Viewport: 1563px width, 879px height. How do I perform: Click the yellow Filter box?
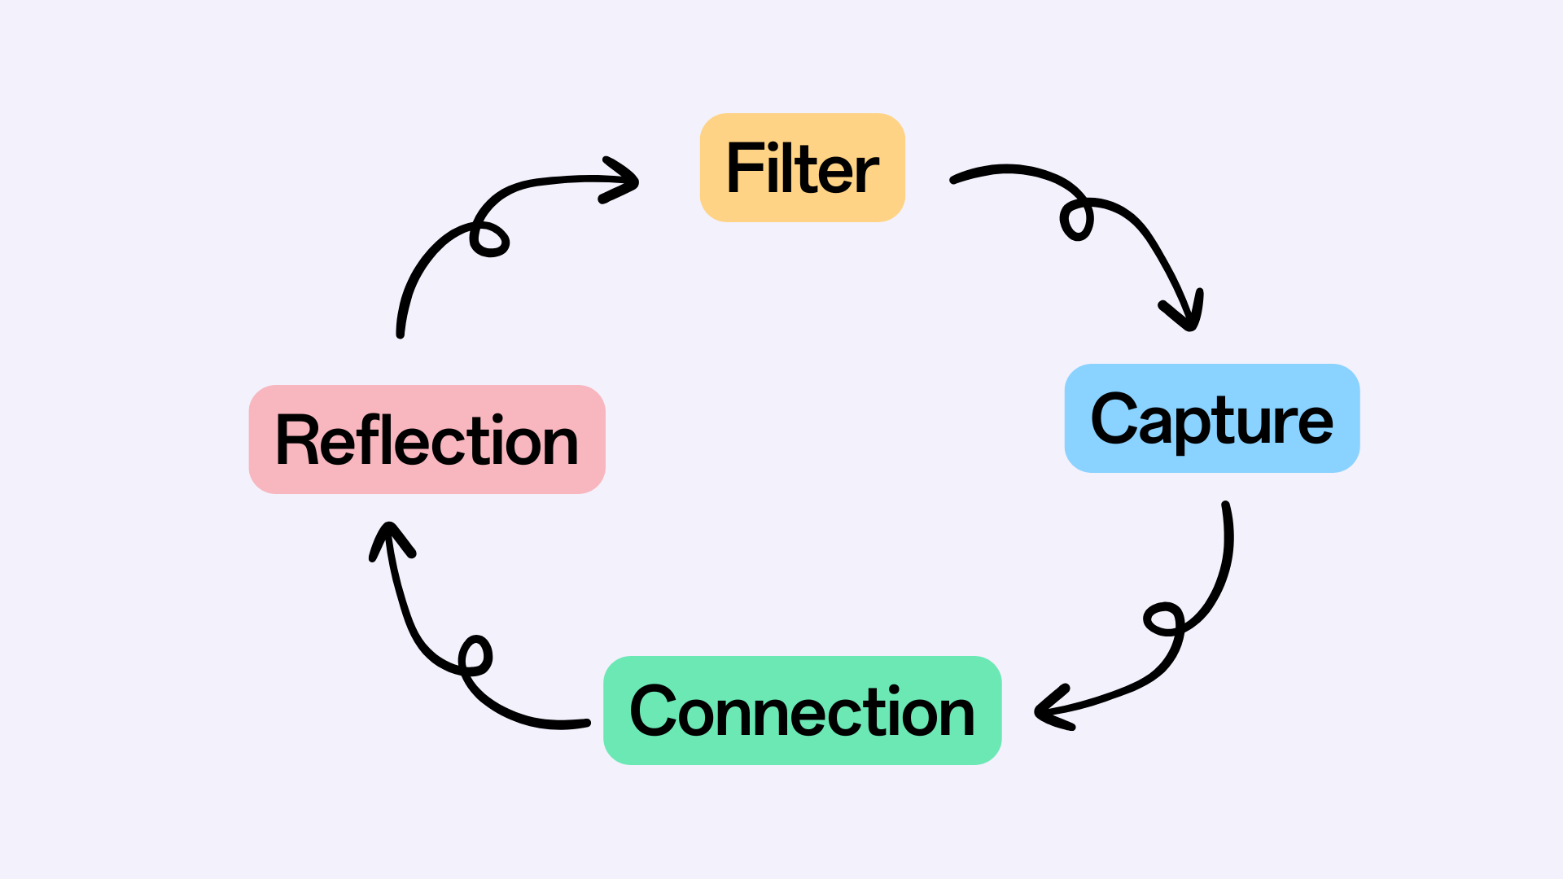click(802, 168)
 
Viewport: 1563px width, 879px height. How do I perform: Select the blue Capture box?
click(1211, 418)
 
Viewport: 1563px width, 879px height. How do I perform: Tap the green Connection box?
click(802, 711)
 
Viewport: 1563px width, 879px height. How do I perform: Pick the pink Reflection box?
click(427, 439)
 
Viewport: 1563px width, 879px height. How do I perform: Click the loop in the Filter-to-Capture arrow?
click(1076, 220)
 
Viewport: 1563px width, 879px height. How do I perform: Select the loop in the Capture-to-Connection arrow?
click(1163, 619)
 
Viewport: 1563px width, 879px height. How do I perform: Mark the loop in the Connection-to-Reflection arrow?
click(475, 654)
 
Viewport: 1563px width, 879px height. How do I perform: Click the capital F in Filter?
click(743, 168)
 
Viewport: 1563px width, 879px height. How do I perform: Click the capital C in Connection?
click(655, 711)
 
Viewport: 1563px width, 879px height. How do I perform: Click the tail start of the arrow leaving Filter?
click(954, 180)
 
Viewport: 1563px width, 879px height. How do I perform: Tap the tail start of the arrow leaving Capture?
click(1226, 506)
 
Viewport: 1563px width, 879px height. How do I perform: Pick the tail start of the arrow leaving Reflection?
click(401, 333)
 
